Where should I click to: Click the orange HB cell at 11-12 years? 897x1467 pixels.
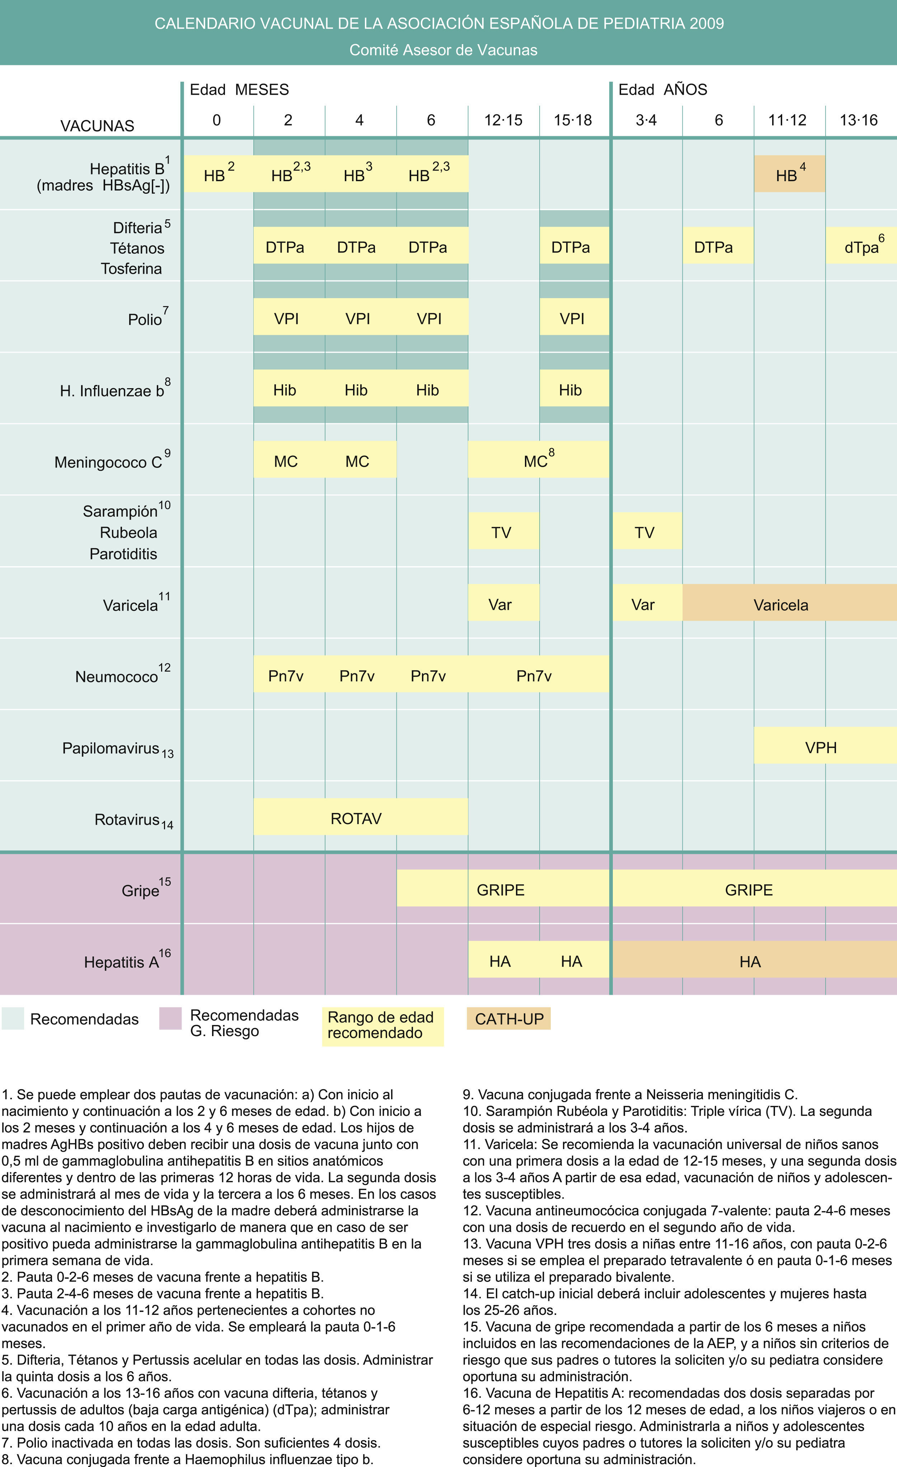click(x=789, y=174)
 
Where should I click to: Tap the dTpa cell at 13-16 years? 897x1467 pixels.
click(x=861, y=245)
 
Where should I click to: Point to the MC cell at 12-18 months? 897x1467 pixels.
click(x=538, y=460)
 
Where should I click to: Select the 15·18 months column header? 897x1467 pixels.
click(x=573, y=120)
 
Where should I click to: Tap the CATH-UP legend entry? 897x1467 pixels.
click(x=509, y=1019)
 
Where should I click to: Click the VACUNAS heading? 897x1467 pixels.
click(x=97, y=126)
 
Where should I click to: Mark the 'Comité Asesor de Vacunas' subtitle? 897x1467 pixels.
click(x=443, y=50)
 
